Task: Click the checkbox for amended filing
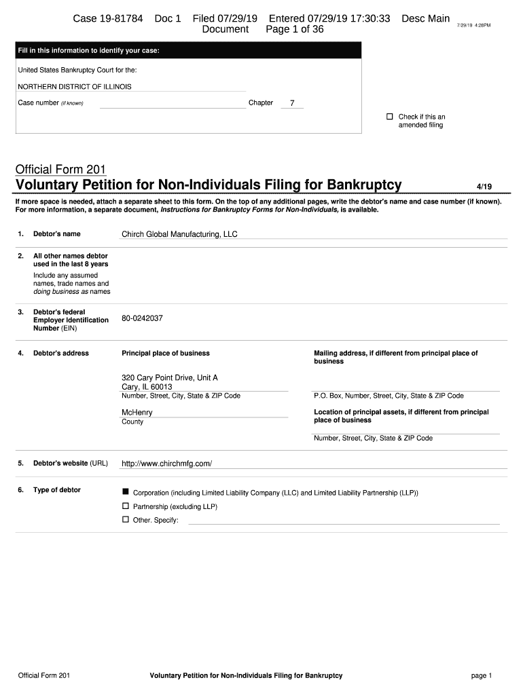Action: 390,117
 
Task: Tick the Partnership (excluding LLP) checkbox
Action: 125,506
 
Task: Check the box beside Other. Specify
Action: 125,519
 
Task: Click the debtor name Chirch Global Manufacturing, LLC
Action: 179,234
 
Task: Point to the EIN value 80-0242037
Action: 142,318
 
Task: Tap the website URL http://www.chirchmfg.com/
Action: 166,464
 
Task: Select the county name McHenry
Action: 137,413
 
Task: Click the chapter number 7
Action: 292,103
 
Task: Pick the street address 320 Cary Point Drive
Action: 170,377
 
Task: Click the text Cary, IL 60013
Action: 147,387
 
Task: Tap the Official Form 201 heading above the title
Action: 60,169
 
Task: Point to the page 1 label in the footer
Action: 481,675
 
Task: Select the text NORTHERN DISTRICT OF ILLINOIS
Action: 75,87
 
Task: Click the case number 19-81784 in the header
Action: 108,19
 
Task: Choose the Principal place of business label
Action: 166,353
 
